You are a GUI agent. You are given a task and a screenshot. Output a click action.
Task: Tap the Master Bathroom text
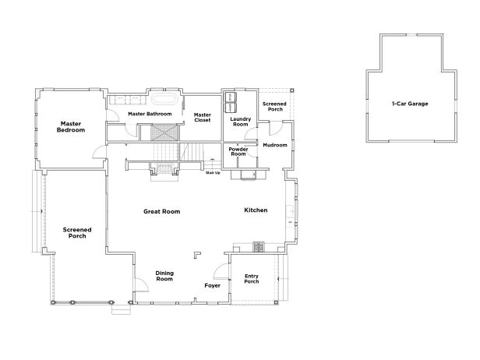[x=150, y=115]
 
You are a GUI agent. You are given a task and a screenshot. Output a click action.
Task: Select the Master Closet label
[x=203, y=118]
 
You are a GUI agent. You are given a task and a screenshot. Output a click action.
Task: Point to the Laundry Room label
[x=239, y=122]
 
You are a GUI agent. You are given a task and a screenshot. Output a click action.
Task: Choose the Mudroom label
[x=275, y=145]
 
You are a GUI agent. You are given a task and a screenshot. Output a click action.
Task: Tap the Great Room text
[x=162, y=211]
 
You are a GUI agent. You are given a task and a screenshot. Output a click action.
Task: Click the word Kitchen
[x=256, y=210]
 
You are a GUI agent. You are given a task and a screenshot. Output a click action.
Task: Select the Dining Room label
[x=164, y=276]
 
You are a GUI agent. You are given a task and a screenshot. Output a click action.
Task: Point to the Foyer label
[x=213, y=286]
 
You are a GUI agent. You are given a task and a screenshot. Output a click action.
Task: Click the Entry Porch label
[x=252, y=280]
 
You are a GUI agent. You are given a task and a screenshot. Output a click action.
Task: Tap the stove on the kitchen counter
[x=259, y=247]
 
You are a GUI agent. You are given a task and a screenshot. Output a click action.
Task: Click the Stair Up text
[x=212, y=174]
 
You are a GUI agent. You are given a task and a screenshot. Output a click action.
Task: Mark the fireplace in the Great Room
[x=164, y=168]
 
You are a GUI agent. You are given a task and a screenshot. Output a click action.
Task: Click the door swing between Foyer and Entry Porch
[x=220, y=271]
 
